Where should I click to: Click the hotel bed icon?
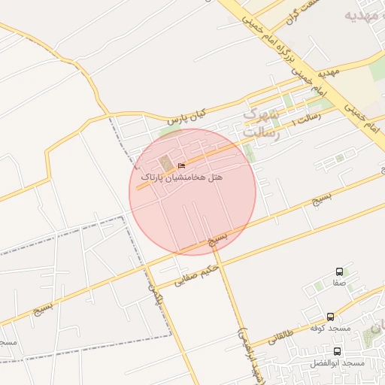tap(180, 165)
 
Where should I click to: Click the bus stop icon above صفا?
tap(339, 271)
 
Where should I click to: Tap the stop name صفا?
tap(339, 285)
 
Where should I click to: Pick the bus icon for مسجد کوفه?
tap(331, 317)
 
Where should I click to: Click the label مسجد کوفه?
tap(331, 328)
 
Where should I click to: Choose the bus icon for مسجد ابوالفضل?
tap(337, 350)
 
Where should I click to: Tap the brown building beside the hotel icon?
tap(165, 163)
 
